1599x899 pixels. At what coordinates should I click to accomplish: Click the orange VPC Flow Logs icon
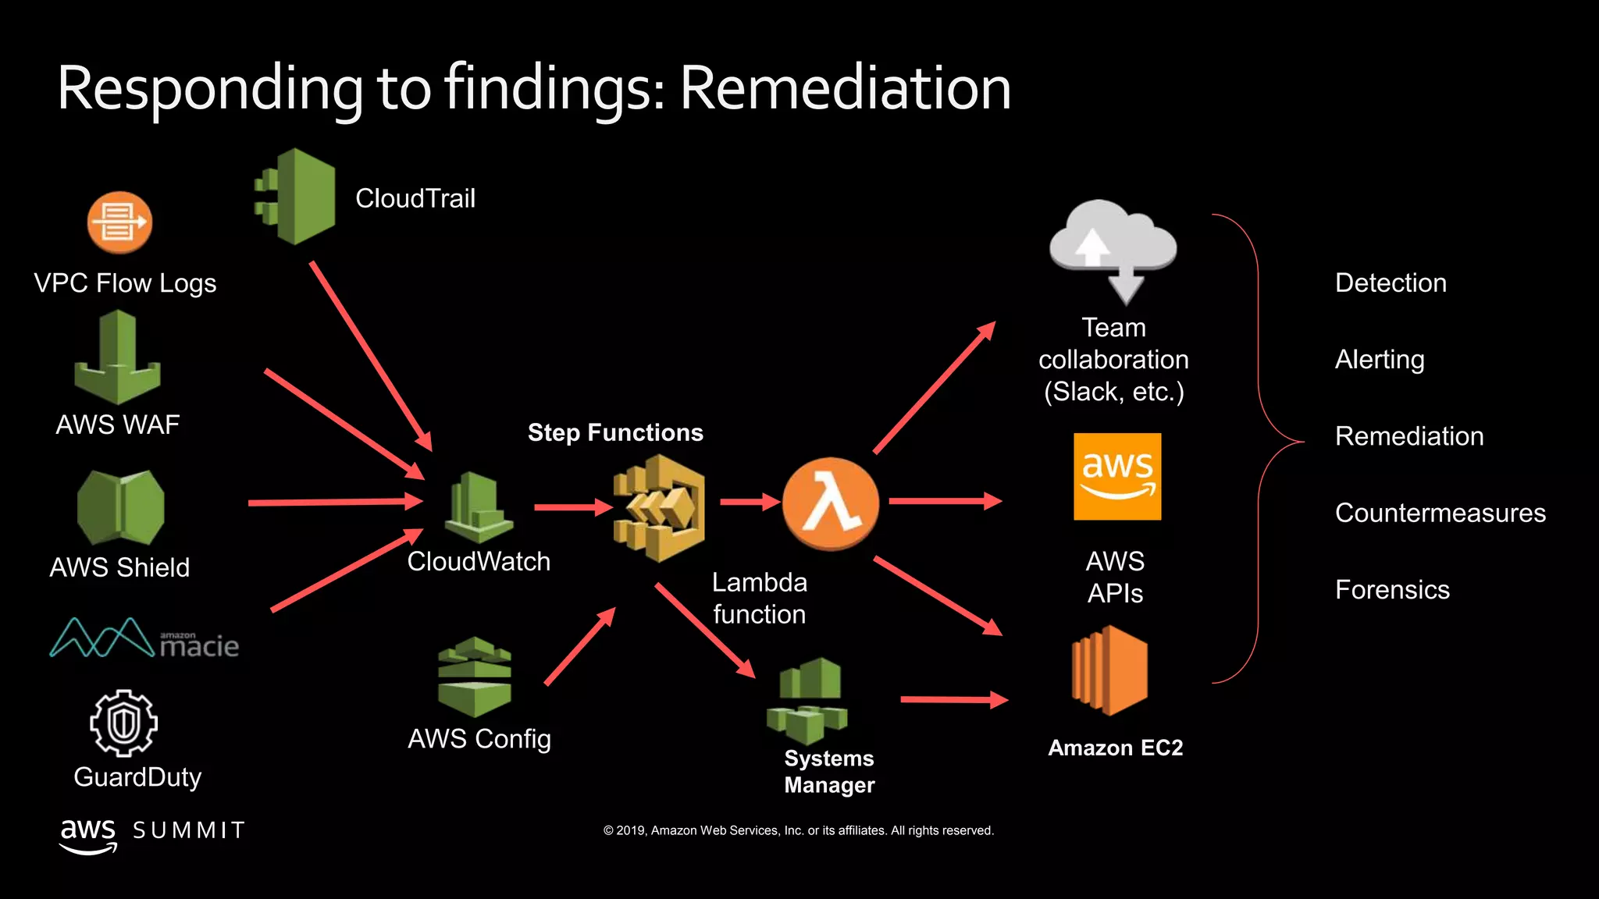coord(119,222)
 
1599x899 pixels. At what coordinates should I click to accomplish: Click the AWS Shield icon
coord(120,507)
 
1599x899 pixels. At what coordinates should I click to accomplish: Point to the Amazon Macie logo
coord(144,639)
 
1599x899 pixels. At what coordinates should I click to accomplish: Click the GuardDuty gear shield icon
coord(123,723)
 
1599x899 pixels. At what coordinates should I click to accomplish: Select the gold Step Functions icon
coord(660,508)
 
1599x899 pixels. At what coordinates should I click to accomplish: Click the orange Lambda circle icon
coord(830,503)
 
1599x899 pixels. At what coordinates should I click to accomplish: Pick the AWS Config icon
coord(475,677)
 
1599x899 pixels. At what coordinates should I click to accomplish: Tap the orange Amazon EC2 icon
coord(1109,670)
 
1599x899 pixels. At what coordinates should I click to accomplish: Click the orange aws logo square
coord(1117,477)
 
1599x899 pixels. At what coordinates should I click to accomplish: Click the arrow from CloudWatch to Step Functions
coord(572,507)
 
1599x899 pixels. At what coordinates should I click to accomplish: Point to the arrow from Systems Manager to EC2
coord(953,700)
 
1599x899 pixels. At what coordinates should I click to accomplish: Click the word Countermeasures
coord(1440,513)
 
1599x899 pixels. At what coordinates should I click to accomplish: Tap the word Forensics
coord(1392,589)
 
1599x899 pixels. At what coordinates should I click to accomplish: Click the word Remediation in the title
coord(845,87)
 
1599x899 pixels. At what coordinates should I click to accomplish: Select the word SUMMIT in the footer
coord(189,830)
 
